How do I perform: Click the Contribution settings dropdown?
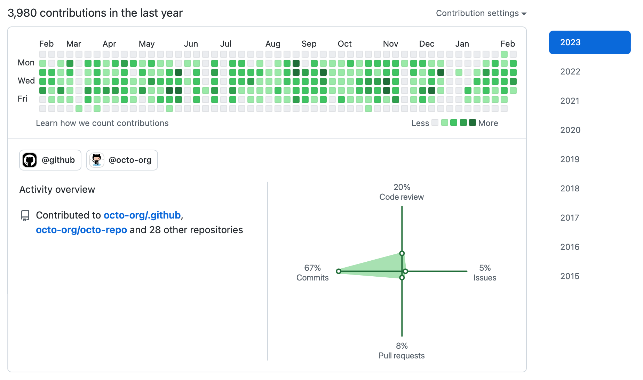click(481, 13)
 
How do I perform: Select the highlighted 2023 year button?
click(589, 42)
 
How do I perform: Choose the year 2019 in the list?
click(570, 159)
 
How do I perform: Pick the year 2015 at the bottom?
click(570, 276)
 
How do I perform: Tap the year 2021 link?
click(570, 101)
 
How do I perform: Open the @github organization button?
click(50, 160)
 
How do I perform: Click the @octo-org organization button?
click(122, 160)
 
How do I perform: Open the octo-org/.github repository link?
click(142, 215)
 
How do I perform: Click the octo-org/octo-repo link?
click(81, 230)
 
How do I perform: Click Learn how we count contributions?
click(102, 123)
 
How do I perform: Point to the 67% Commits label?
click(312, 273)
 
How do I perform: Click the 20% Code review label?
click(402, 192)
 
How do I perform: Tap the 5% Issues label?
click(485, 273)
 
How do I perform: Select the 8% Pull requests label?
click(402, 351)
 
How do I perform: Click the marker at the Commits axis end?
click(339, 271)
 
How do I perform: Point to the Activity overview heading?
click(57, 190)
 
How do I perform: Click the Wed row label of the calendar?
click(26, 81)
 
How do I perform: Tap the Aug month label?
click(273, 44)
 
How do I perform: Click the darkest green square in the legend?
click(472, 122)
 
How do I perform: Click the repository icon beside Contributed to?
click(25, 215)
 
